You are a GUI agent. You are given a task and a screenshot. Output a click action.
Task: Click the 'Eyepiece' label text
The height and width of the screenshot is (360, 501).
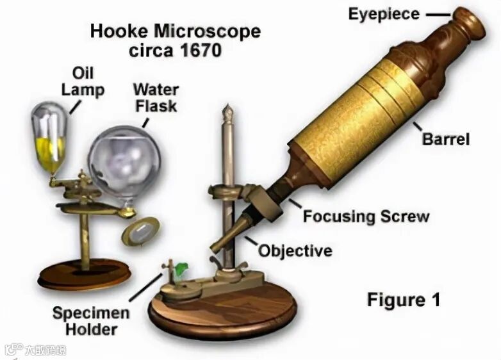[384, 13]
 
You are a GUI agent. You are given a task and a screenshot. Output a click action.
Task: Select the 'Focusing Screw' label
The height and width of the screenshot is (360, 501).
[366, 216]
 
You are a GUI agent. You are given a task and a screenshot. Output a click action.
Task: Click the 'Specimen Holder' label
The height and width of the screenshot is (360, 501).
[90, 322]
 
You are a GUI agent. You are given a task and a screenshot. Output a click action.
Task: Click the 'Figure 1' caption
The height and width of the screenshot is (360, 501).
[403, 299]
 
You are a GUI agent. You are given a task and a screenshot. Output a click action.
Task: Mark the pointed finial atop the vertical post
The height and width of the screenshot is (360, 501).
[226, 113]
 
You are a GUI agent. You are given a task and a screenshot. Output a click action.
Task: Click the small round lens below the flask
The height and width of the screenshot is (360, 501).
[140, 231]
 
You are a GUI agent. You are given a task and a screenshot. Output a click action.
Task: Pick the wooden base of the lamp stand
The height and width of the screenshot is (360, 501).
[84, 275]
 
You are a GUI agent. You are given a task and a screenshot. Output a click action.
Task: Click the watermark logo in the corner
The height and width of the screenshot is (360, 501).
[13, 350]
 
